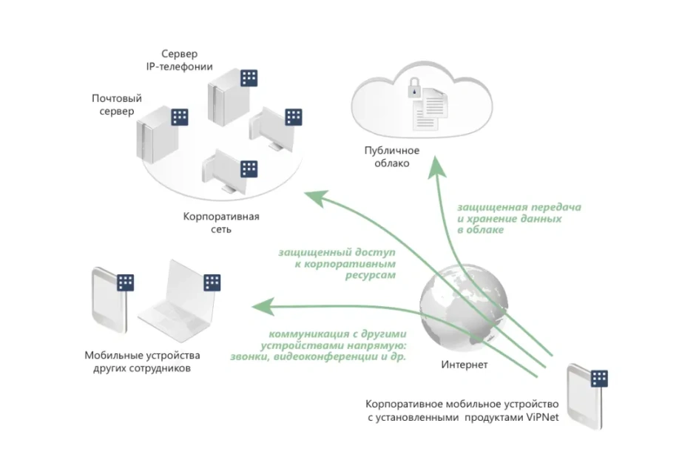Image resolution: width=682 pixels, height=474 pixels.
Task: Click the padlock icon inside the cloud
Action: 414,87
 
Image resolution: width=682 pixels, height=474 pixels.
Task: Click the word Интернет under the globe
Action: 464,365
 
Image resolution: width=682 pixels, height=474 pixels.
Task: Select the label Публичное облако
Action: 392,157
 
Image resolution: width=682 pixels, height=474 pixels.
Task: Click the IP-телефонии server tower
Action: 225,101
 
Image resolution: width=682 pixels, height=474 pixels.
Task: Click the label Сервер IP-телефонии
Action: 179,60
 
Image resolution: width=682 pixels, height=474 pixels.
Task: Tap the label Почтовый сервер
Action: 117,105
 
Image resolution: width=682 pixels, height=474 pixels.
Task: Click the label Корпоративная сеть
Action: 221,223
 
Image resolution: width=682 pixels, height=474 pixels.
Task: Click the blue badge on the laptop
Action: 212,282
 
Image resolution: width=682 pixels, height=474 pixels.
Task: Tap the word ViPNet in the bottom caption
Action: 542,418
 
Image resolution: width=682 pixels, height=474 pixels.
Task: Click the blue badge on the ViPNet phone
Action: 599,379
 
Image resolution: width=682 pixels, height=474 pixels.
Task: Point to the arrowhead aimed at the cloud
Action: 436,167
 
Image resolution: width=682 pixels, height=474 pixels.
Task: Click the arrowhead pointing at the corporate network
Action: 316,198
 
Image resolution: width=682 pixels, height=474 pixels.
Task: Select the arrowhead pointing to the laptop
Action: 263,306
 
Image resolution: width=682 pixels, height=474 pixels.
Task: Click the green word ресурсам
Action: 371,275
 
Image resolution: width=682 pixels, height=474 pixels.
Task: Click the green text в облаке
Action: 481,230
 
